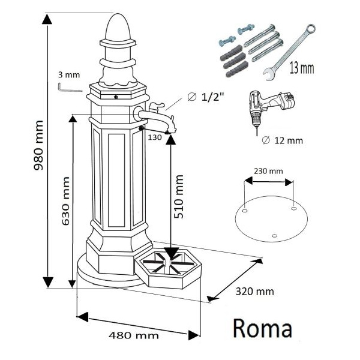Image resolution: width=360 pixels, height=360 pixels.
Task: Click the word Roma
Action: coord(262,328)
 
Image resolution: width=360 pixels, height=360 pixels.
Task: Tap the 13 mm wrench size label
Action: coord(301,67)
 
